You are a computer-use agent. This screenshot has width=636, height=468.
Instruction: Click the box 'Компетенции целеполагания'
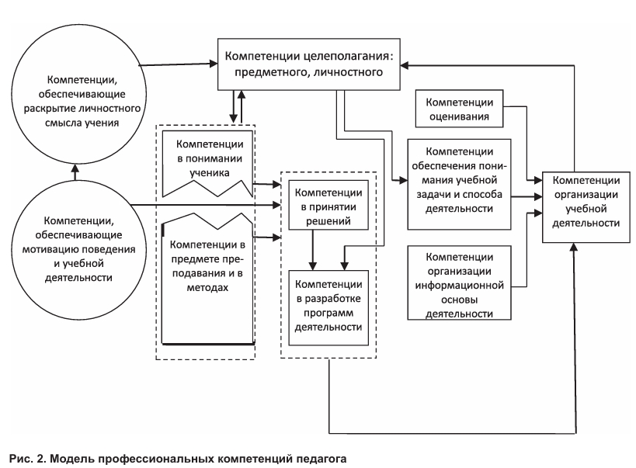[x=303, y=65]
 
